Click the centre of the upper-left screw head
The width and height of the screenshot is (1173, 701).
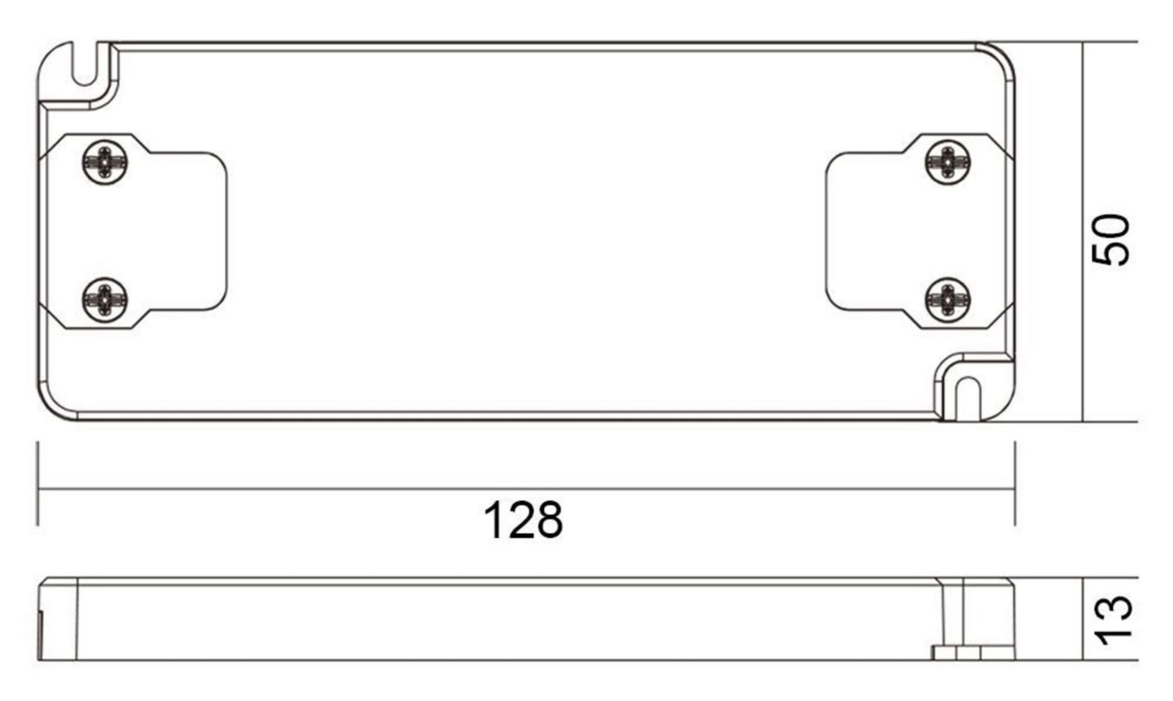(x=105, y=162)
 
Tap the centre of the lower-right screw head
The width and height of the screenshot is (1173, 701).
(x=948, y=300)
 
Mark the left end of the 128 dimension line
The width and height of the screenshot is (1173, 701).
(x=37, y=489)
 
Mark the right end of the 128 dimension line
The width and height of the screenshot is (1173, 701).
(x=1015, y=489)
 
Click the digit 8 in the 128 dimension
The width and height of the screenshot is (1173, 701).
(x=549, y=520)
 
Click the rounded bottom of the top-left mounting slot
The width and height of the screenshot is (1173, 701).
(x=84, y=79)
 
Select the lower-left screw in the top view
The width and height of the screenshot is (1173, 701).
(x=105, y=300)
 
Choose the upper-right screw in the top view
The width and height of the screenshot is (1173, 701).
(x=948, y=162)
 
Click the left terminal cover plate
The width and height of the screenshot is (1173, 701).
(x=133, y=231)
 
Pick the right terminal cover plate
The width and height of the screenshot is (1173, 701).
(x=919, y=231)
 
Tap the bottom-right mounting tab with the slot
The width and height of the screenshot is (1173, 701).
(x=976, y=387)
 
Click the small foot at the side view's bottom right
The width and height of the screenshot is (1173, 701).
(x=973, y=653)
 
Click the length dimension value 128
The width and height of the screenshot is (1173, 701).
(x=523, y=520)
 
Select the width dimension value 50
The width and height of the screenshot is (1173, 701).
(x=1110, y=240)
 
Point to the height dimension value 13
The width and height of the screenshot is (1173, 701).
(x=1113, y=621)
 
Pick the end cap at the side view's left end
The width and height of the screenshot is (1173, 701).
(x=58, y=619)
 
